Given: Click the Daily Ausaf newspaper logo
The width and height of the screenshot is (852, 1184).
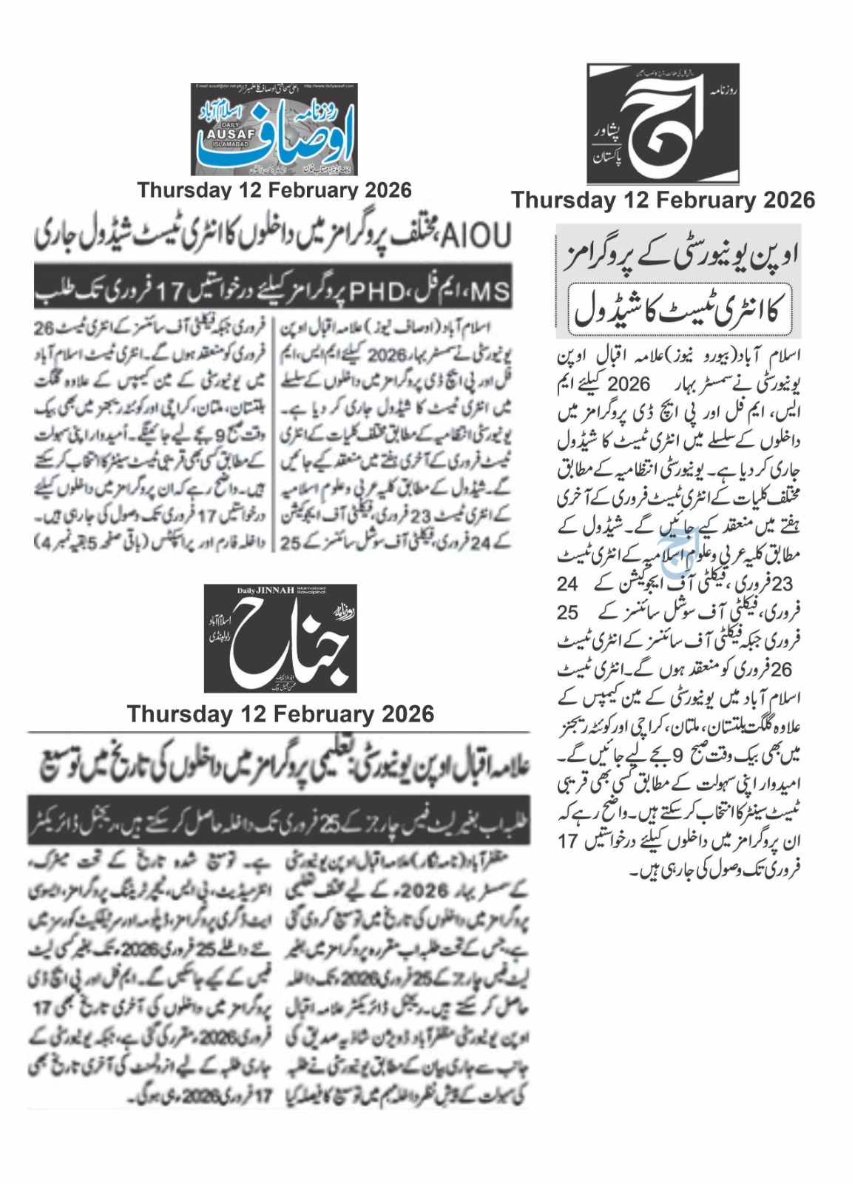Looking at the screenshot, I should pos(274,129).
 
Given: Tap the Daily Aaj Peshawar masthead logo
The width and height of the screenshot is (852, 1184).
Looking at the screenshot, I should pos(663,124).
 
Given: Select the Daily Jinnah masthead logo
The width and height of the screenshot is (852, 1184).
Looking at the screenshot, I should pos(280,638).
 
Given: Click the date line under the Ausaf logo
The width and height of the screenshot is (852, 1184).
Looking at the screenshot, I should pos(274,190).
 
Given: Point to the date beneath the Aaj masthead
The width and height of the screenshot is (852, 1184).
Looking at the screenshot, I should pos(663,200).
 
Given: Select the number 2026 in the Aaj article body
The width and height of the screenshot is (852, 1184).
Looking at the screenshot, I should pos(628,384).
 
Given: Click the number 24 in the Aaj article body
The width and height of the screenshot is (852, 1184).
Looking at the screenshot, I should pos(567,584).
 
